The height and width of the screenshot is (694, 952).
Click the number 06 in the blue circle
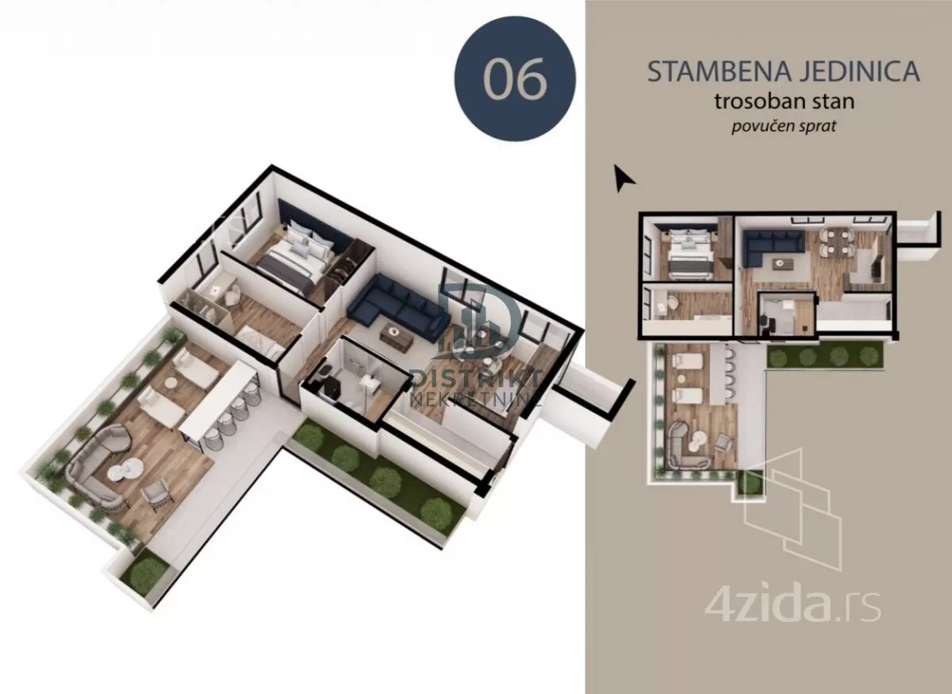[515, 79]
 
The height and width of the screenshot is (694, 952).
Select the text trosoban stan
[784, 102]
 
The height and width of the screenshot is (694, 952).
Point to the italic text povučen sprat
[784, 126]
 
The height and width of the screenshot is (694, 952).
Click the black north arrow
[623, 178]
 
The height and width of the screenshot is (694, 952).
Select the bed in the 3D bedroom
[295, 260]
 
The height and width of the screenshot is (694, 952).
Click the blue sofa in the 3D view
[393, 309]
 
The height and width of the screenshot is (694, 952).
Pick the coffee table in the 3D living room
[397, 336]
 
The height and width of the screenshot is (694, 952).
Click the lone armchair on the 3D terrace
[156, 496]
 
